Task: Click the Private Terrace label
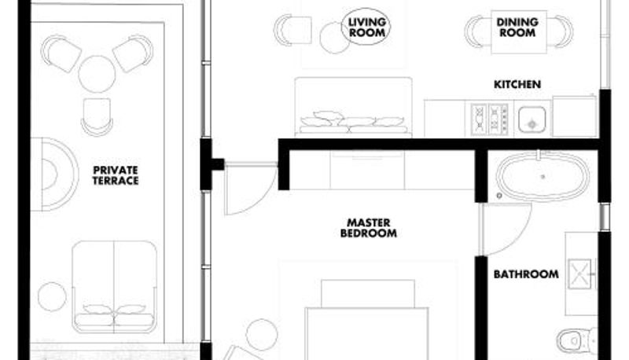click(116, 175)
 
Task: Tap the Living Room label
click(366, 28)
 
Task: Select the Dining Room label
click(517, 28)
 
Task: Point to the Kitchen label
click(517, 84)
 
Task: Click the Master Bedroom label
click(368, 228)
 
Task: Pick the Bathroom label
click(526, 274)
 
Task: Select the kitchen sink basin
click(532, 119)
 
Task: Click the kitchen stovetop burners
click(489, 119)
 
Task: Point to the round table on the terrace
click(97, 74)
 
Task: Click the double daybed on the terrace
click(114, 287)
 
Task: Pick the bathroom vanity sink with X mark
click(580, 274)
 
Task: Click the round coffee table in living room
click(335, 38)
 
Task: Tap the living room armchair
click(292, 29)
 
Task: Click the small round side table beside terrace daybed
click(52, 296)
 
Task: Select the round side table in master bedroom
click(262, 335)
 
